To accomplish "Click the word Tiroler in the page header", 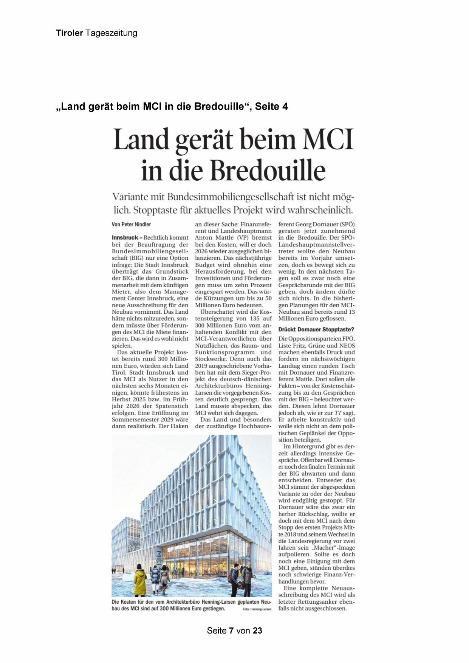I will tap(70, 33).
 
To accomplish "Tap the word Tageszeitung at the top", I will tap(111, 33).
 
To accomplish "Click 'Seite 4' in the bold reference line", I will tap(271, 107).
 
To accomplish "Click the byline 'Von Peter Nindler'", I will tap(131, 225).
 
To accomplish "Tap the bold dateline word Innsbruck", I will tap(125, 238).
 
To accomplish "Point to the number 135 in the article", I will tap(252, 319).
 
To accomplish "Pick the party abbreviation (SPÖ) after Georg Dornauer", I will tap(345, 224).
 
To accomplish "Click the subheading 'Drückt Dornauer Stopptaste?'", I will tap(316, 330).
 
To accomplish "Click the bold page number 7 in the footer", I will tap(232, 630).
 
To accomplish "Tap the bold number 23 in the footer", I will tap(258, 630).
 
